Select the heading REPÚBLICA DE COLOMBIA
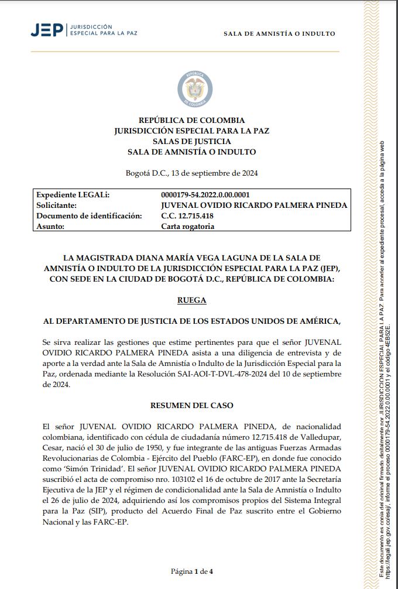coord(191,121)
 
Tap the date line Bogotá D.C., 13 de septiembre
coord(191,173)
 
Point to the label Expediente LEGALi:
coord(73,195)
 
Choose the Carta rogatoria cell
coord(187,227)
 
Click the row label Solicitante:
coord(57,206)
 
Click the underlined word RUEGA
coord(191,300)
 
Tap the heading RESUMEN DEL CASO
coord(191,405)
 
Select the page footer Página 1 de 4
coord(191,571)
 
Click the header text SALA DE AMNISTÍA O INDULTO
coord(279,34)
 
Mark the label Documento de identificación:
coord(89,216)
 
